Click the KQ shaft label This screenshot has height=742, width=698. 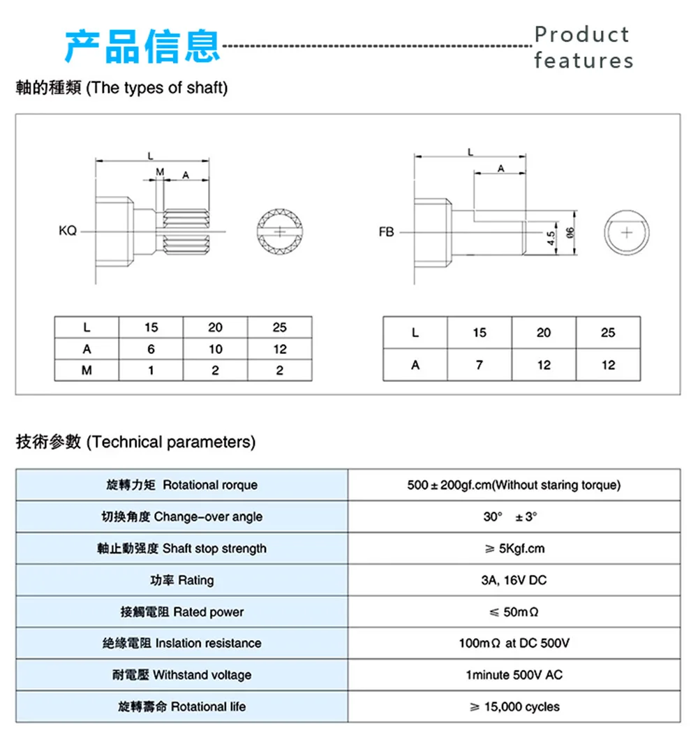point(68,231)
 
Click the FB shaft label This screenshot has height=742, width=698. point(386,232)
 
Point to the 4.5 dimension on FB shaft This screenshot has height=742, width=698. point(551,237)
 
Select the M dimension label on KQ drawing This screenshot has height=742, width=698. point(159,172)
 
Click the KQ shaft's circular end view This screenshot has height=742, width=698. point(281,231)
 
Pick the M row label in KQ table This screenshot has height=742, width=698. point(87,371)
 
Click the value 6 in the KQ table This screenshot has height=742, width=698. point(151,349)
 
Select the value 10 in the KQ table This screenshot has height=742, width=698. point(215,349)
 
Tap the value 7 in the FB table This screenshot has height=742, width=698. point(479,364)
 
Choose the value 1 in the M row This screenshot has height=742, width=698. point(151,371)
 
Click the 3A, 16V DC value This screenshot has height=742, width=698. point(513,580)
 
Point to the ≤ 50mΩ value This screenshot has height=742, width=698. point(513,612)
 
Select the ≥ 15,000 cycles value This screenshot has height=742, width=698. point(514,706)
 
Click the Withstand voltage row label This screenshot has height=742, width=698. point(181,675)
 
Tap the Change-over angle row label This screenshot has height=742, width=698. point(181,517)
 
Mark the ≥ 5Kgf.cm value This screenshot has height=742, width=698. point(514,549)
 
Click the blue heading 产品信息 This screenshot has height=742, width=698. point(142,47)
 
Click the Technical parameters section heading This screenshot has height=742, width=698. point(136,442)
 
